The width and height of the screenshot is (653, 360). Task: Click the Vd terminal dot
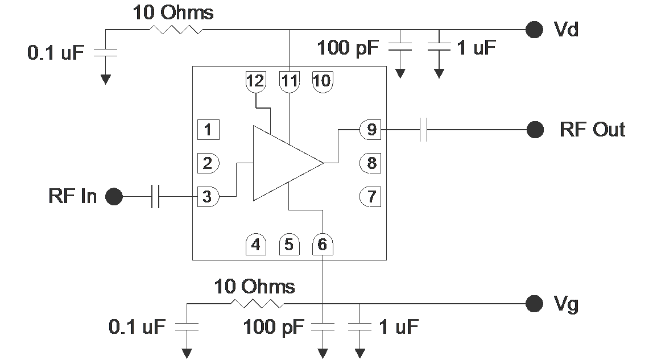[x=534, y=30]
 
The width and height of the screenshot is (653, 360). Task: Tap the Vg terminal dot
[x=534, y=304]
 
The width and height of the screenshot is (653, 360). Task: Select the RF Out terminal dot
[x=535, y=130]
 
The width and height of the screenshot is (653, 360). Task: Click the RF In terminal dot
[x=114, y=197]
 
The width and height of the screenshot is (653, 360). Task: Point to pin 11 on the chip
[x=290, y=81]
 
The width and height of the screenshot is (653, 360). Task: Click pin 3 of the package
[x=208, y=197]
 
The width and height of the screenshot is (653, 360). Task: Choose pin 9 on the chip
[x=371, y=130]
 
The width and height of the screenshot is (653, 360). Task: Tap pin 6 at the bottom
[x=323, y=245]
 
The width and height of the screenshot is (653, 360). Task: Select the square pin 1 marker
[x=208, y=130]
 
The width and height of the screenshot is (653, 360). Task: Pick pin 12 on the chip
[x=256, y=81]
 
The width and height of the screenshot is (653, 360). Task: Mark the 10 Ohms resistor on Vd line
[x=176, y=29]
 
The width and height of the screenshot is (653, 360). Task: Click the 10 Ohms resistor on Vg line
[x=257, y=304]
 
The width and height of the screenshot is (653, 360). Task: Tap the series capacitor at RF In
[x=155, y=197]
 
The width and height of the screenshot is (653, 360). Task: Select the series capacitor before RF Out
[x=423, y=130]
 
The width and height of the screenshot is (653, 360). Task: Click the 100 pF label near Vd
[x=348, y=48]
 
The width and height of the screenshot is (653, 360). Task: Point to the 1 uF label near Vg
[x=398, y=326]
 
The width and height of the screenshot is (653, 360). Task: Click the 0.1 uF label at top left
[x=56, y=53]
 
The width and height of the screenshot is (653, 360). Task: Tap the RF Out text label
[x=592, y=130]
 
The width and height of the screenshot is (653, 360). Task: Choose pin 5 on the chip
[x=289, y=245]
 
